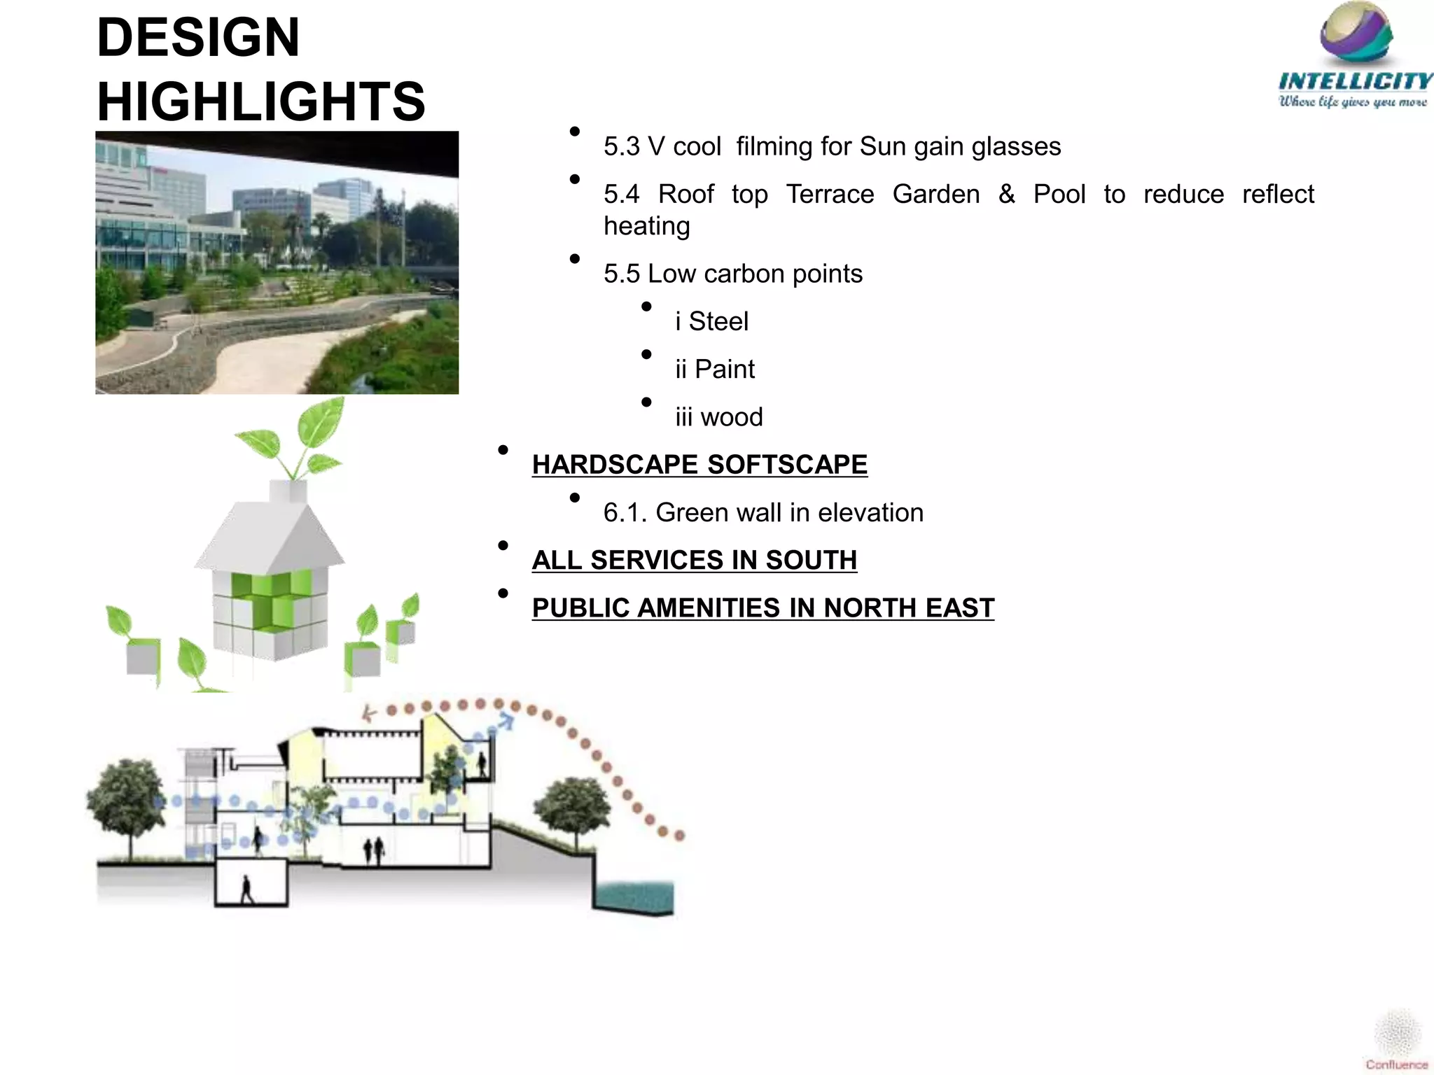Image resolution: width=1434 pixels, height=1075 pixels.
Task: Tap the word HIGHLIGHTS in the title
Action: click(260, 101)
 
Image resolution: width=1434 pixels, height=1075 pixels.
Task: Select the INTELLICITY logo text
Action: click(1356, 81)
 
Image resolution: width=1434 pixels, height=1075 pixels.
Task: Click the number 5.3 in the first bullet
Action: click(622, 147)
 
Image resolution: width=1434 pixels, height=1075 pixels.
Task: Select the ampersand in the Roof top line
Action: click(1007, 194)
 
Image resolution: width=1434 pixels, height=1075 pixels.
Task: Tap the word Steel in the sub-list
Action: click(718, 322)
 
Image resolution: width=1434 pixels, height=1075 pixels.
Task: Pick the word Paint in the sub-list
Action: click(725, 370)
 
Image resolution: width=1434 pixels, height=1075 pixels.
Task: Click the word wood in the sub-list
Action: click(732, 418)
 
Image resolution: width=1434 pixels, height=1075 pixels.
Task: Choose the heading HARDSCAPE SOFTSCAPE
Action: click(699, 465)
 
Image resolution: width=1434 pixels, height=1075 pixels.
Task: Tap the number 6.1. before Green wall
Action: click(625, 513)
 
